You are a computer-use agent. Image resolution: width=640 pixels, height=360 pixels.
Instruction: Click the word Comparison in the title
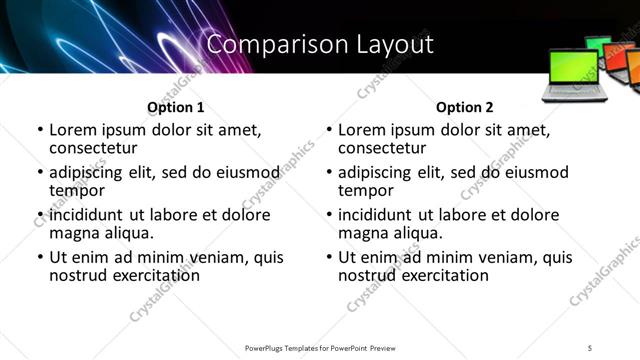(267, 45)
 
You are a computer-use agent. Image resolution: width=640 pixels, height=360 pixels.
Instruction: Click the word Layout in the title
(393, 45)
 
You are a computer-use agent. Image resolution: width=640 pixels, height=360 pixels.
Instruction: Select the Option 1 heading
(176, 107)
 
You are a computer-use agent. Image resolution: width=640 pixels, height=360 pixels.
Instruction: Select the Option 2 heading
(465, 107)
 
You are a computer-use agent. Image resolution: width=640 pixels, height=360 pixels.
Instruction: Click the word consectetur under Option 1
(93, 147)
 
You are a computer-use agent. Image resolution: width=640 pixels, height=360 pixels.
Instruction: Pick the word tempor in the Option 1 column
(77, 190)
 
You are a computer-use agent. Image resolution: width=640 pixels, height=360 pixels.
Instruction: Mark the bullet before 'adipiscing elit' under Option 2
(329, 173)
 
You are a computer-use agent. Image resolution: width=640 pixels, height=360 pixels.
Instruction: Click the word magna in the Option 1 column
(73, 233)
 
